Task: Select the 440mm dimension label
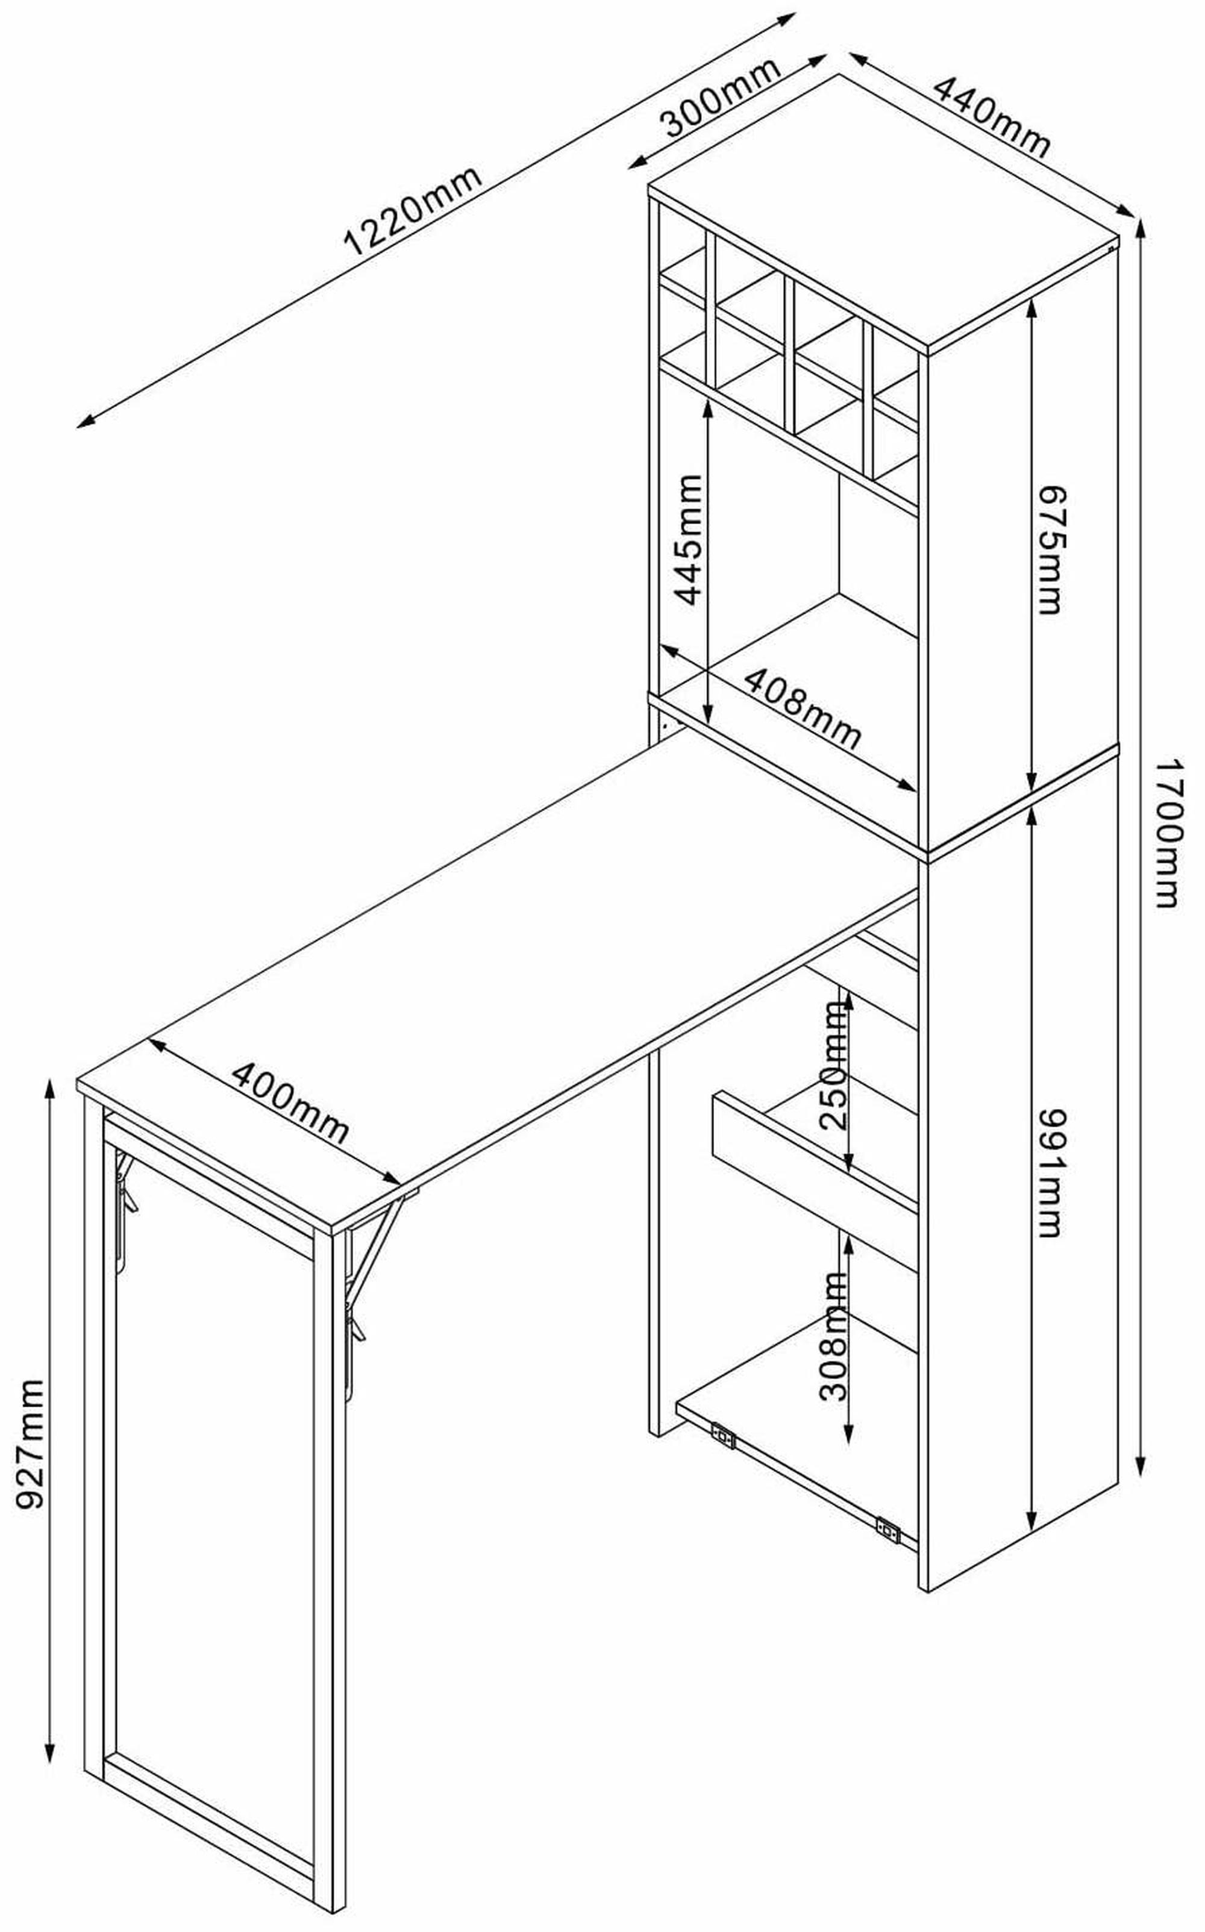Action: click(992, 117)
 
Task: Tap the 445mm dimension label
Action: click(689, 540)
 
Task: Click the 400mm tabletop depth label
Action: click(290, 1102)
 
